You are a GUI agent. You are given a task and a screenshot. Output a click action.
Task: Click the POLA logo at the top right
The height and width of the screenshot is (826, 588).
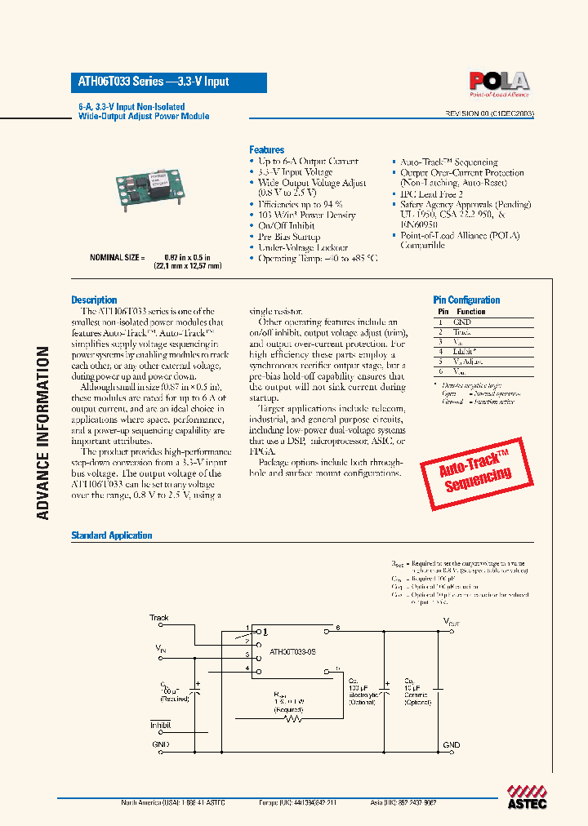498,82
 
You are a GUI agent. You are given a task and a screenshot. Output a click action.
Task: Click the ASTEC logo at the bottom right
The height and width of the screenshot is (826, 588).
521,796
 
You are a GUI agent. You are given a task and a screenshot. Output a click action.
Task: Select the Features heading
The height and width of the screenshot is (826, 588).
266,150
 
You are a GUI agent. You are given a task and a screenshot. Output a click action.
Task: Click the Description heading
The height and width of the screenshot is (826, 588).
94,300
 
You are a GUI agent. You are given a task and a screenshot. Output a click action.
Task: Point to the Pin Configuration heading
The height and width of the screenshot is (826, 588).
466,300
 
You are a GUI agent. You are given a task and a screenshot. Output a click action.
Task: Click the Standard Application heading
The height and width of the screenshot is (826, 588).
112,535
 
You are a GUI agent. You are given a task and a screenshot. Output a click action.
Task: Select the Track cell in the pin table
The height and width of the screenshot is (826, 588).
462,332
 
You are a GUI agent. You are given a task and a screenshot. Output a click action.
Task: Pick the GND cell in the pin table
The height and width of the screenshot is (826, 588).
462,322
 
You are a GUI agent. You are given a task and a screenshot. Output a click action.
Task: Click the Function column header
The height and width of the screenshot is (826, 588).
471,312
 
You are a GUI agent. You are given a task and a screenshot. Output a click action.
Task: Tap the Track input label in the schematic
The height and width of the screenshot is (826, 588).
158,618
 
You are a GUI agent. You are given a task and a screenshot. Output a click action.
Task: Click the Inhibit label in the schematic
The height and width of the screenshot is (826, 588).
159,725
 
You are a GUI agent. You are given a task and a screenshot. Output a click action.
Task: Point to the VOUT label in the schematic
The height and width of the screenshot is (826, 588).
452,621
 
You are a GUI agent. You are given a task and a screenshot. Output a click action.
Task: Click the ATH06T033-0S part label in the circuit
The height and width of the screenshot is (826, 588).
292,653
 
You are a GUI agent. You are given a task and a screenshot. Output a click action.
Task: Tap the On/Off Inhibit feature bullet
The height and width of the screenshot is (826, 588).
286,226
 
